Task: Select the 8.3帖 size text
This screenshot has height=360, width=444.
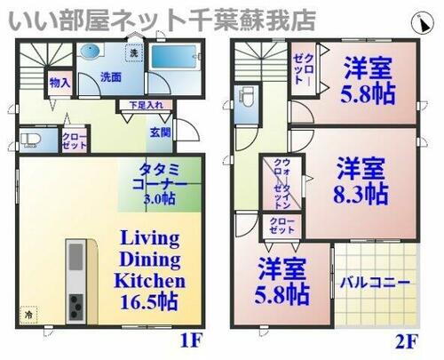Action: coord(361,193)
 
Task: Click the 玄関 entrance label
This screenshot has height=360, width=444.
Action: coord(161,132)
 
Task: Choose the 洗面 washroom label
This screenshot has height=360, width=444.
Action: coord(110,76)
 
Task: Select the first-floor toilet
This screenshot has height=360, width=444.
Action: coord(30,140)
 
